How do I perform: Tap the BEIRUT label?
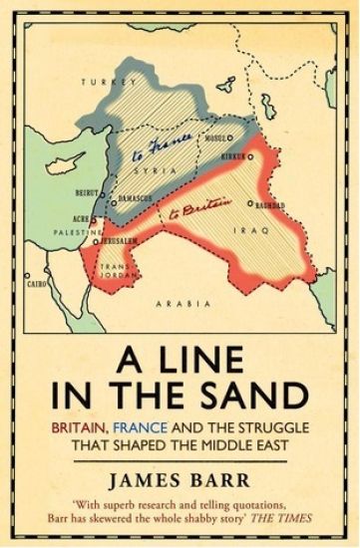[x=90, y=193]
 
